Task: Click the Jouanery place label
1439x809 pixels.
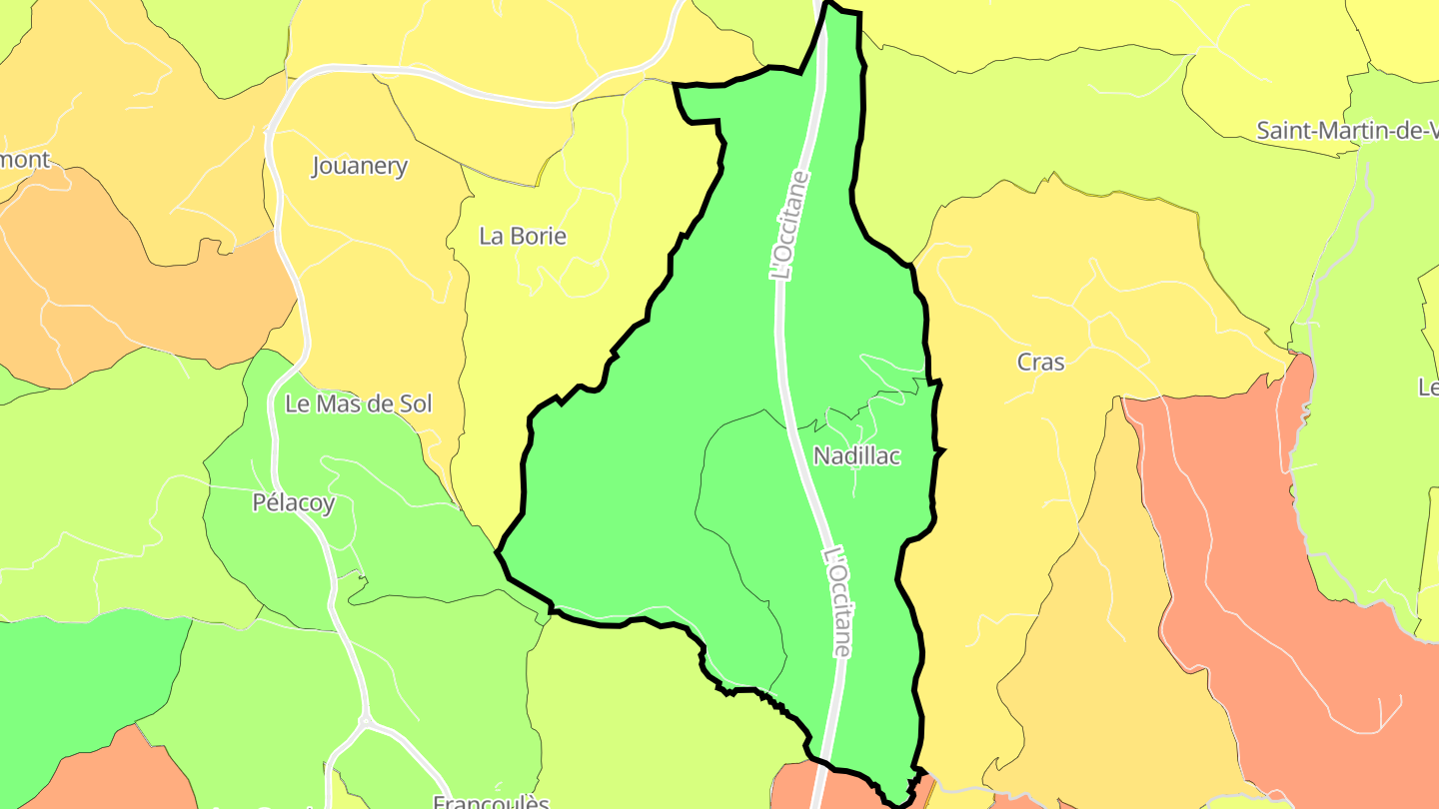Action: point(360,166)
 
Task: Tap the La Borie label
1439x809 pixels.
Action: point(523,237)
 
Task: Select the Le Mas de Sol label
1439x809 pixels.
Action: point(359,404)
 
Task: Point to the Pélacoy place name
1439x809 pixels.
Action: point(293,503)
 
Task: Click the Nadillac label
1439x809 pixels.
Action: point(856,456)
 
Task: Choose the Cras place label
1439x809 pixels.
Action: point(1040,363)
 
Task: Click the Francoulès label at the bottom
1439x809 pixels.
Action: point(491,801)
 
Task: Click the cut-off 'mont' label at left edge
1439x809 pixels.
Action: point(24,159)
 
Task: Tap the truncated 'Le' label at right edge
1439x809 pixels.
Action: point(1428,388)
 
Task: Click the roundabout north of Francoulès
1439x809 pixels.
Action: point(365,721)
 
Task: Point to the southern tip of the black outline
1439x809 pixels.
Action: point(896,801)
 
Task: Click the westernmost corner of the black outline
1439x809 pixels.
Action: point(499,550)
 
